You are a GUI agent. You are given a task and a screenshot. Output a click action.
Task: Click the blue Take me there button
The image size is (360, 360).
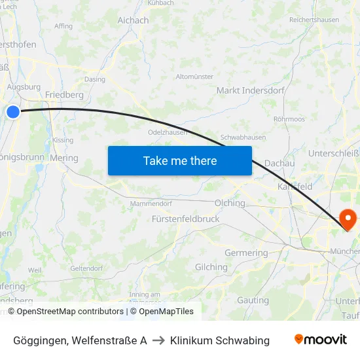point(179,160)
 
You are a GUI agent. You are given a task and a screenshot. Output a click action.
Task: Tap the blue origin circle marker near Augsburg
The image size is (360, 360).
point(13,112)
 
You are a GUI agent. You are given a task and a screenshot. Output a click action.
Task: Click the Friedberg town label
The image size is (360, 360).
point(64,94)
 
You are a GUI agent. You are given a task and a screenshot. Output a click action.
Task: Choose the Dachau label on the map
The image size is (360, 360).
point(279,163)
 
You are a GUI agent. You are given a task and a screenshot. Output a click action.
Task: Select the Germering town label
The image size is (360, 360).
point(246,253)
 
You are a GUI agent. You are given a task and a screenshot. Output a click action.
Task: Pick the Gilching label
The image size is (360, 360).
point(211,267)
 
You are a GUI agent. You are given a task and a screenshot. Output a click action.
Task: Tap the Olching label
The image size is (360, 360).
point(230,203)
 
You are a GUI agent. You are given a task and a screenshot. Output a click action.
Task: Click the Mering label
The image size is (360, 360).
point(63,158)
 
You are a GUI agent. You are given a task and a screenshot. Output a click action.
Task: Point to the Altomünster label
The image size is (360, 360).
point(194,77)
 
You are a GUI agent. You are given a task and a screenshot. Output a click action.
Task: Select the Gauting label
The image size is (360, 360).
point(253,300)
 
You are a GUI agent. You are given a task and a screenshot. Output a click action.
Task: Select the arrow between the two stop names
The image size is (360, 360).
point(158,340)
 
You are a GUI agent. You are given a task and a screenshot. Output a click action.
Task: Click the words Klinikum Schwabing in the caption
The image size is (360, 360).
point(219,340)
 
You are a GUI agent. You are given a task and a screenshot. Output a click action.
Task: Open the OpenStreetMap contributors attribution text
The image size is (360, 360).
point(70,312)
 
